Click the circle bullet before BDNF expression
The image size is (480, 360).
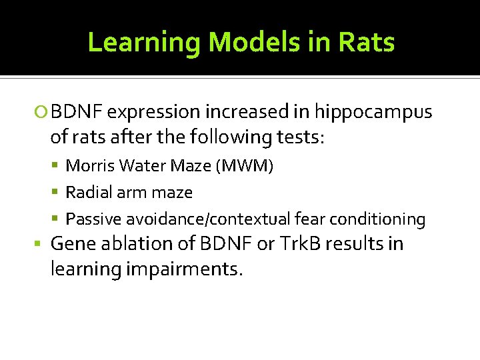coord(44,111)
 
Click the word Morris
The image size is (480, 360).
coord(89,165)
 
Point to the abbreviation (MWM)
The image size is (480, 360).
coord(244,165)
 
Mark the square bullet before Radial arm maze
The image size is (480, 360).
coord(55,193)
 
